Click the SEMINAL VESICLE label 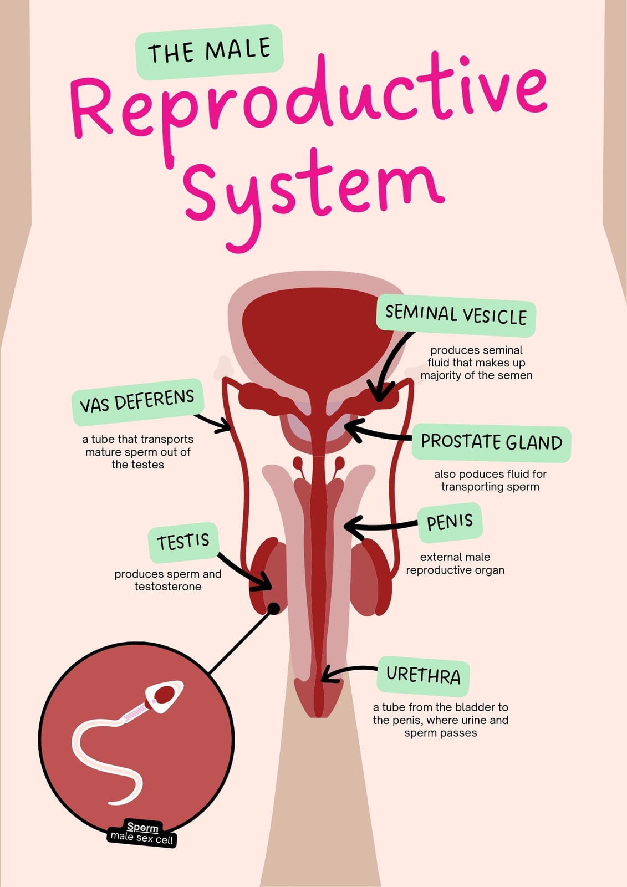point(456,315)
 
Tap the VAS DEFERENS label point(137,401)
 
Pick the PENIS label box point(450,523)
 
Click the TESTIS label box point(183,542)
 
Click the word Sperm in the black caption point(142,827)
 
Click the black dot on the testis point(274,608)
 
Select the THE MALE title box point(210,52)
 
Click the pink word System point(313,194)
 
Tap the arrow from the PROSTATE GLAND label point(376,434)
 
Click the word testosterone point(168,587)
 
